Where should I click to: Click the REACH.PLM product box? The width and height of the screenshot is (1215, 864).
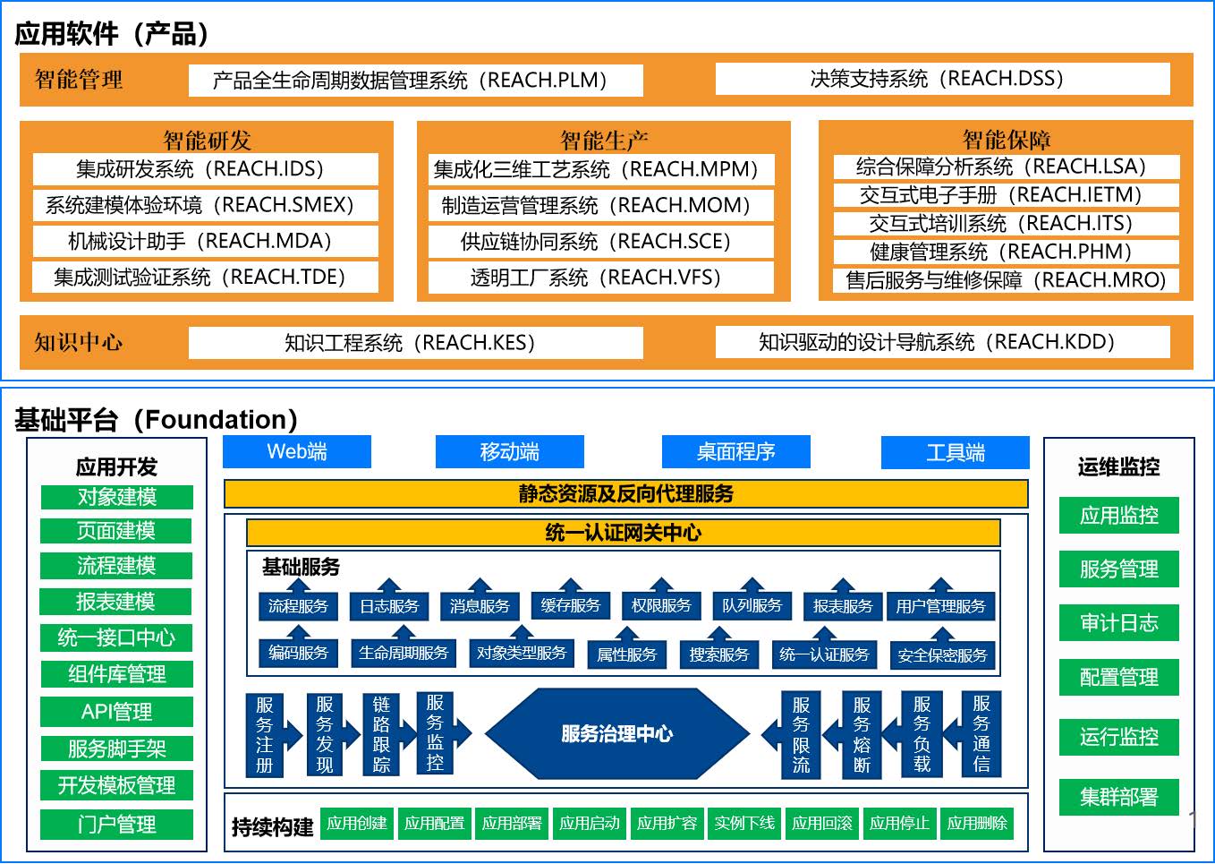point(415,81)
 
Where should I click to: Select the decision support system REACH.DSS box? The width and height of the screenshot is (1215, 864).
point(942,79)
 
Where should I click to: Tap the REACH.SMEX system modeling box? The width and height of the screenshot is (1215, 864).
point(205,205)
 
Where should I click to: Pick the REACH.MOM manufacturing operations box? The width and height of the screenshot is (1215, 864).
point(601,205)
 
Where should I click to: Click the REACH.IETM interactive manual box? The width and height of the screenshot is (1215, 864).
point(1007,195)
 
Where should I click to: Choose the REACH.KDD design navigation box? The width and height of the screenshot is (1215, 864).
point(942,342)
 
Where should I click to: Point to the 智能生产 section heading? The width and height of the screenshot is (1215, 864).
point(604,141)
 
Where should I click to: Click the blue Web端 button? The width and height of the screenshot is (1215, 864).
point(297,451)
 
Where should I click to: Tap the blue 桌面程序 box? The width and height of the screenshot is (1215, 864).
point(736,451)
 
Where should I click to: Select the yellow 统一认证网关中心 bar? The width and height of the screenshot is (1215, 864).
point(624,533)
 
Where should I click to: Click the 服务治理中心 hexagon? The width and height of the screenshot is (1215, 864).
point(617,734)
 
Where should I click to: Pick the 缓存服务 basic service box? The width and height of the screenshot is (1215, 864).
point(571,605)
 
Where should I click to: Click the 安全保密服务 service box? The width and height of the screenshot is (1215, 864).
point(942,655)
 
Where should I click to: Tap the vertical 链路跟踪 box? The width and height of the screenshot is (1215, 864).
point(381,734)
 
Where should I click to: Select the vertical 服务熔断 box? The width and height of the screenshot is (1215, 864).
point(862,735)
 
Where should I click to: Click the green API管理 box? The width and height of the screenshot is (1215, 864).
point(116,712)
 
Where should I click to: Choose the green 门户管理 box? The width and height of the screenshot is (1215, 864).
point(116,825)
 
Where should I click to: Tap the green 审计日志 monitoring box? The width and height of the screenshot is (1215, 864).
point(1119,622)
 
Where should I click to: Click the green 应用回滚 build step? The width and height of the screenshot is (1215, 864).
point(821,824)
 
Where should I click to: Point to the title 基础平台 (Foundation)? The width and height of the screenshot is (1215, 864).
point(157,420)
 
